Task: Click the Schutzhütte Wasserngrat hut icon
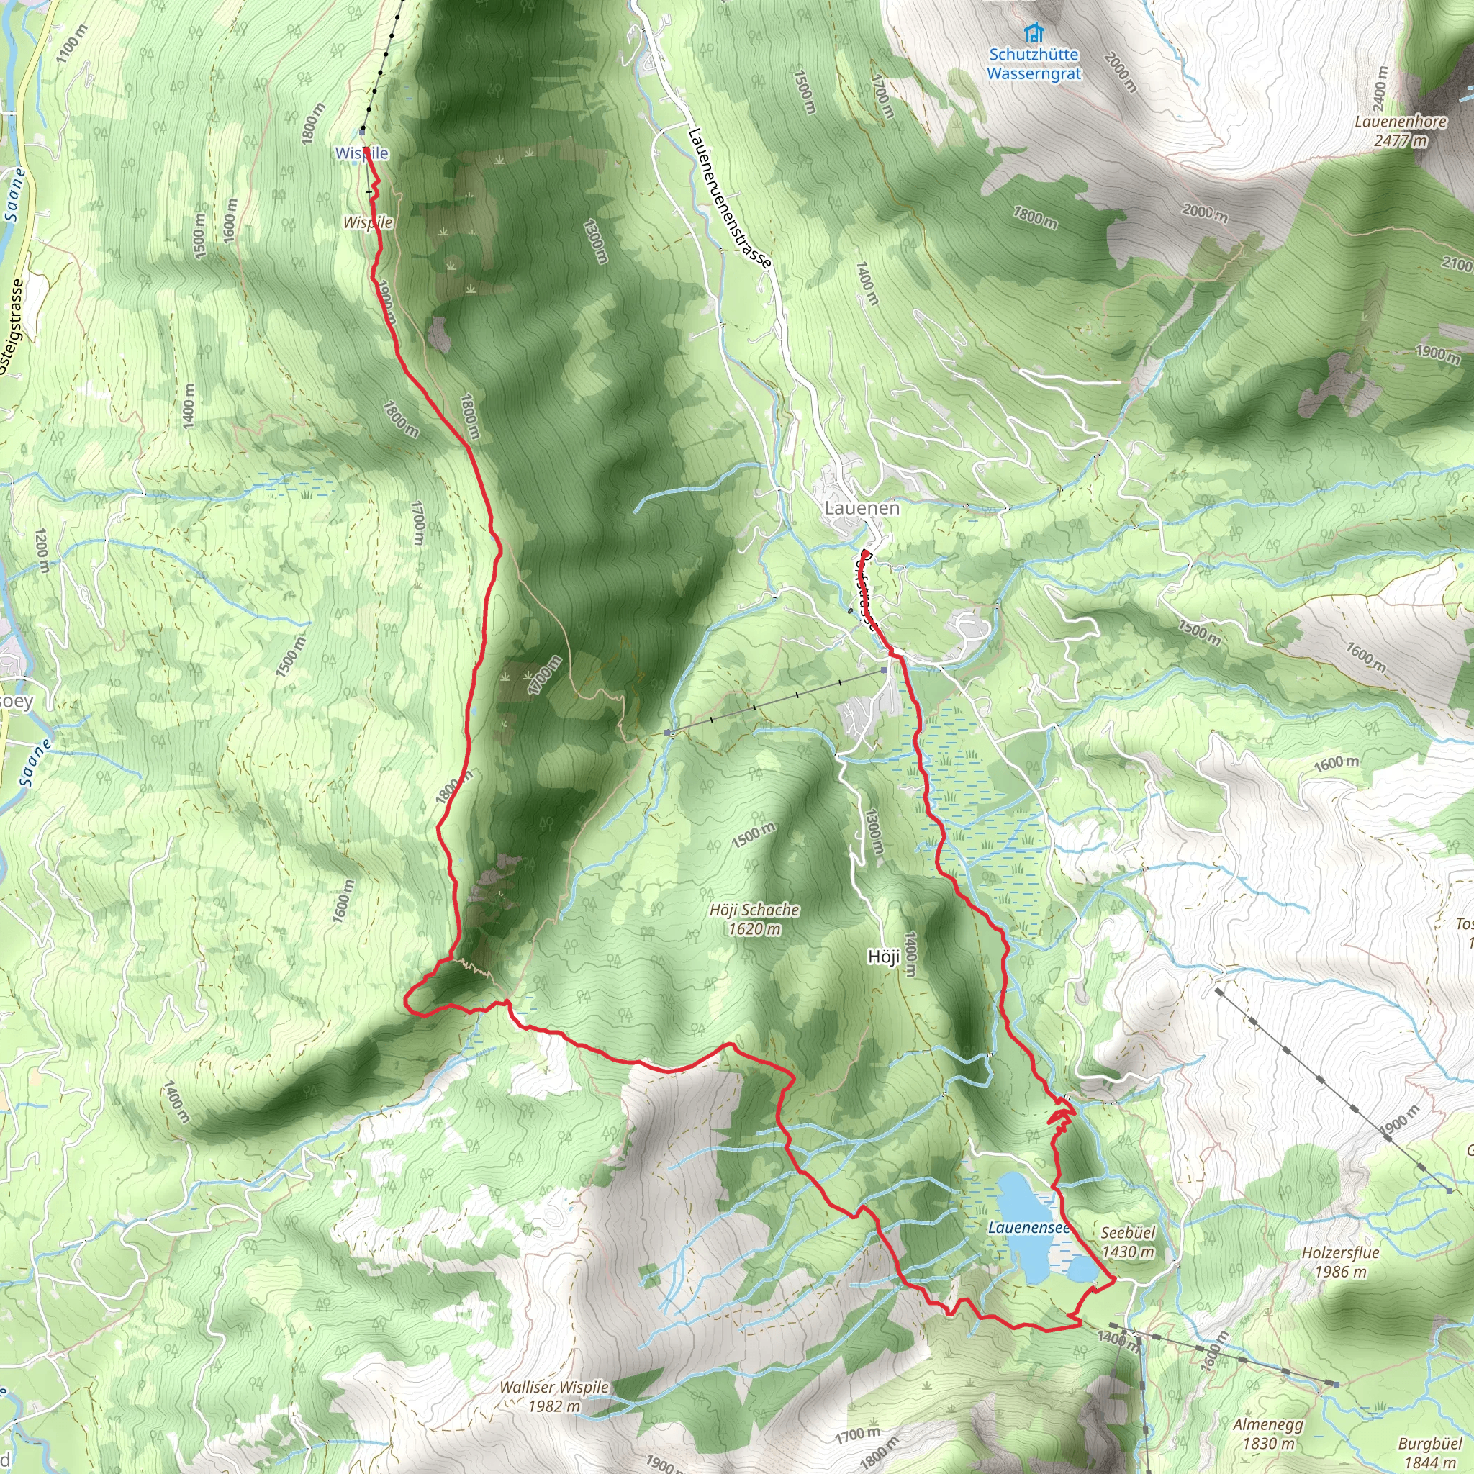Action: point(1034,32)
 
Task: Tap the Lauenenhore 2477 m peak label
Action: point(1401,130)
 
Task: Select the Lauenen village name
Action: point(862,508)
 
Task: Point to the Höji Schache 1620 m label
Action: point(754,918)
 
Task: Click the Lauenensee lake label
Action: point(1028,1228)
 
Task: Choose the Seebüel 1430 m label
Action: point(1128,1242)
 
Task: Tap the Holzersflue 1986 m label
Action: point(1340,1262)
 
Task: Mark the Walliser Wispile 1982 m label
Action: point(554,1396)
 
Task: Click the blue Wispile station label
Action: point(361,153)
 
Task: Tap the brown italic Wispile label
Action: point(368,222)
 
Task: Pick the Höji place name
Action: point(885,956)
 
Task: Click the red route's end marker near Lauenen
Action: point(866,554)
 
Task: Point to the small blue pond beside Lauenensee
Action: point(1081,1268)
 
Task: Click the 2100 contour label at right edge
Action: point(1457,264)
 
